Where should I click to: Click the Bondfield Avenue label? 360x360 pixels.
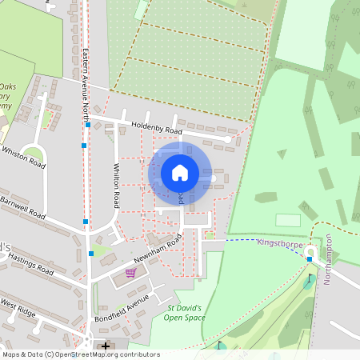pos(126,302)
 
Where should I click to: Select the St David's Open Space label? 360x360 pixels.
pos(186,313)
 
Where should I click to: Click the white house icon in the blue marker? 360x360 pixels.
pos(180,172)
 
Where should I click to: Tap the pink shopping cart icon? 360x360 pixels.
pos(130,272)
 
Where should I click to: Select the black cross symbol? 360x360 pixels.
pos(106,346)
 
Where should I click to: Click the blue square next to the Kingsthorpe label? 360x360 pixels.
pos(310,259)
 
